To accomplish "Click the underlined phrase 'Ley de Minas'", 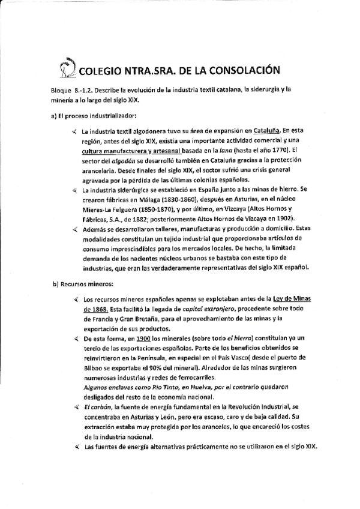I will tap(290, 299).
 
